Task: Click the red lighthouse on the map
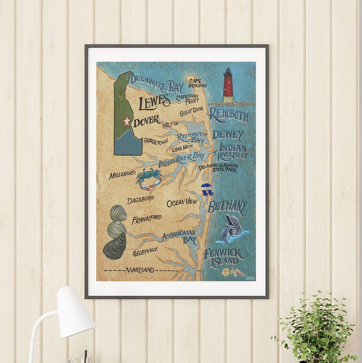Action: click(228, 85)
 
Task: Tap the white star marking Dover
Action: click(126, 121)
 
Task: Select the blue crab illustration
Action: click(149, 178)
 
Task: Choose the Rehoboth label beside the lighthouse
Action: click(228, 115)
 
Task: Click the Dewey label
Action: click(228, 135)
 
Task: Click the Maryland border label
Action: click(140, 270)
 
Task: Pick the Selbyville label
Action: click(145, 251)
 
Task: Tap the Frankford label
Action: click(146, 220)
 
